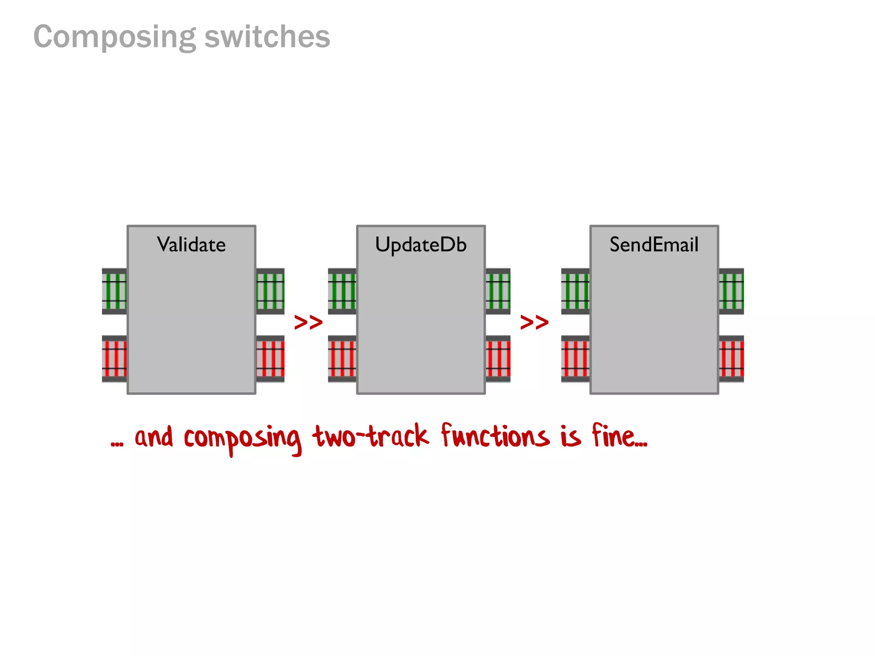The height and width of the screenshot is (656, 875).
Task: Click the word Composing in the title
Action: coord(115,38)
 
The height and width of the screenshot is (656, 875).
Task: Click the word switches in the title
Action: coord(267,37)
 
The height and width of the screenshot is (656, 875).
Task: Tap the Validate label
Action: coord(191,245)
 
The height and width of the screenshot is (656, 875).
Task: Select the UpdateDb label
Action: coord(420,245)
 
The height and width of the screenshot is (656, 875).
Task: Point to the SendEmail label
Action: coord(654,245)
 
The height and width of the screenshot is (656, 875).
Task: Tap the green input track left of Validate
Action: coord(115,291)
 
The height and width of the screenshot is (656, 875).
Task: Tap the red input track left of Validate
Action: coord(115,359)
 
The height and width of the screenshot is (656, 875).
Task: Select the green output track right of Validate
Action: coord(270,291)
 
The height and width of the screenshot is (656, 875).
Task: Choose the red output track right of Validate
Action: coord(270,359)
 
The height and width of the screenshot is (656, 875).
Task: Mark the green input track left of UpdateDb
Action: coord(342,291)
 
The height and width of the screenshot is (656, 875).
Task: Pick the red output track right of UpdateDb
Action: coord(498,359)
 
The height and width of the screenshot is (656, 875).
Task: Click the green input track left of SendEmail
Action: coord(575,291)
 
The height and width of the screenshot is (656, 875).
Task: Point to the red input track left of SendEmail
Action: coord(575,359)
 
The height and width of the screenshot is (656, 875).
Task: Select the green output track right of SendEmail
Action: coord(731,291)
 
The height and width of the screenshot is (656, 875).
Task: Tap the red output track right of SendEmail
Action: coord(731,359)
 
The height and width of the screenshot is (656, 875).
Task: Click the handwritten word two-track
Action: coord(370,436)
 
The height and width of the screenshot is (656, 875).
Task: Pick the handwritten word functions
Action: coord(495,436)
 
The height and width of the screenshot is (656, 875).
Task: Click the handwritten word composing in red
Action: coord(242,439)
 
